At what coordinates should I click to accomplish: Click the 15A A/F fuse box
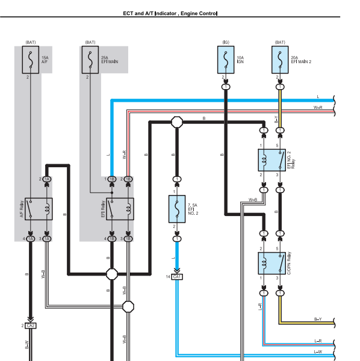point(31,60)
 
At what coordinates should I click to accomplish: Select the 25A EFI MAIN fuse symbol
point(90,60)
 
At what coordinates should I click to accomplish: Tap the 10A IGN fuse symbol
point(226,60)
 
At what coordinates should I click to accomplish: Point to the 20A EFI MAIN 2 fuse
point(280,60)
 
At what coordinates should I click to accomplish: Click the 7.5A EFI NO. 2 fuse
point(177,209)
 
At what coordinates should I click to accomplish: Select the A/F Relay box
point(39,209)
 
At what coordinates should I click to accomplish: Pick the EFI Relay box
point(120,209)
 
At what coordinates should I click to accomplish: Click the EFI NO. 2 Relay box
point(272,160)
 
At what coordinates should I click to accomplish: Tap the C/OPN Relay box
point(272,263)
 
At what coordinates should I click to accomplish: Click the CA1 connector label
point(177,277)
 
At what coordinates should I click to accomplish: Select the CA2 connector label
point(31,326)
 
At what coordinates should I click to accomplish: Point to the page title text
point(170,13)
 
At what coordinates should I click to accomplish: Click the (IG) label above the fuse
point(226,42)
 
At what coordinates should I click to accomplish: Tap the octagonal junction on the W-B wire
point(128,307)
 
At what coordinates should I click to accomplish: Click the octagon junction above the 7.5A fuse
point(177,122)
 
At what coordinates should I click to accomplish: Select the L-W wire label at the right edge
point(318,351)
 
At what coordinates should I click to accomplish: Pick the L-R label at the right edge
point(318,341)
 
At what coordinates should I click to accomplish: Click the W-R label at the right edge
point(318,107)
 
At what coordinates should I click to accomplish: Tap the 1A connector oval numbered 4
point(31,239)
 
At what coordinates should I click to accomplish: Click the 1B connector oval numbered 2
point(128,179)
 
